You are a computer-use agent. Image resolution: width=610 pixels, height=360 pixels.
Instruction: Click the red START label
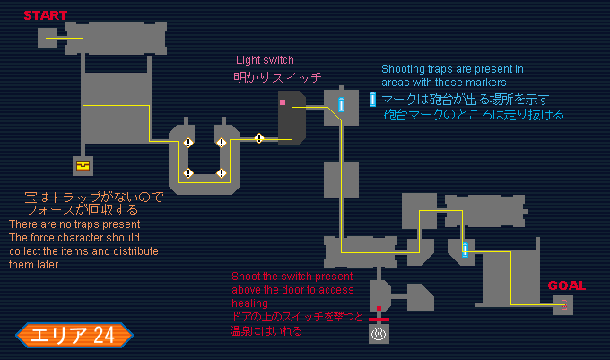[45, 15]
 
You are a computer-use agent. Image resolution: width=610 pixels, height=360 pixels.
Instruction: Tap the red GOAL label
[566, 286]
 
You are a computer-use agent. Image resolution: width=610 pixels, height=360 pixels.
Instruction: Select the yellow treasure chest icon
[83, 165]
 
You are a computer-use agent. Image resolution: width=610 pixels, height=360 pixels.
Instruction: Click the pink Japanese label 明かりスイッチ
[277, 77]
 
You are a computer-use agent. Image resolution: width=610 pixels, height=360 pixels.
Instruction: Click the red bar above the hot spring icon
[379, 319]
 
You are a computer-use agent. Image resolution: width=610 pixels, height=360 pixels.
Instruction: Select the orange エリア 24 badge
[74, 336]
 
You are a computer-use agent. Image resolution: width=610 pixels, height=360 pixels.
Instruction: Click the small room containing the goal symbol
[562, 305]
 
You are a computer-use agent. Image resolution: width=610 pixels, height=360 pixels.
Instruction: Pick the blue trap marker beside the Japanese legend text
[372, 100]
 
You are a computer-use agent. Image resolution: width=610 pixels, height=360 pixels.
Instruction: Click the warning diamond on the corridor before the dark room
[259, 138]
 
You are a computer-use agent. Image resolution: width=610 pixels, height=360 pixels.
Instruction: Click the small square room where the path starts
[48, 37]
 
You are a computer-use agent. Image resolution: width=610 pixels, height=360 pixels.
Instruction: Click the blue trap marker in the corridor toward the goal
[465, 249]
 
